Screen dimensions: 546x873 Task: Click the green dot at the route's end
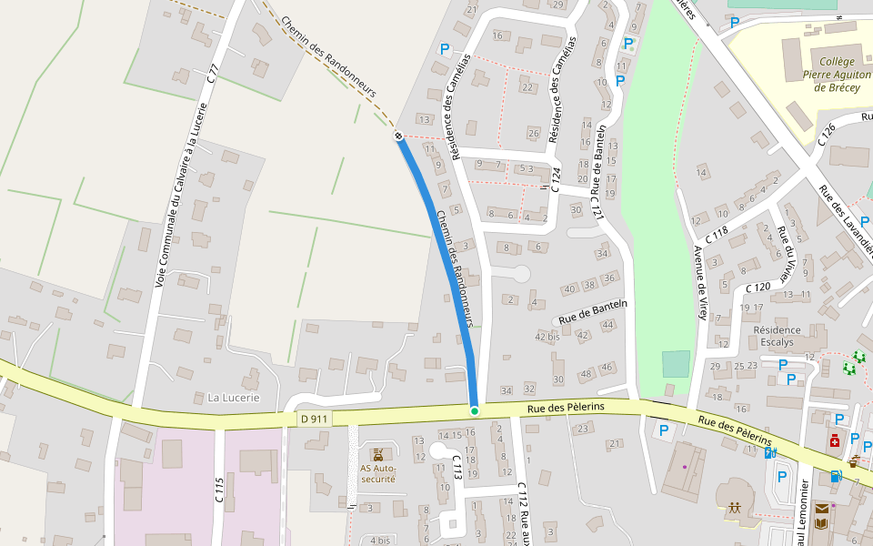click(474, 411)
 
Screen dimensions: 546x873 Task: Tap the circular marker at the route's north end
click(398, 136)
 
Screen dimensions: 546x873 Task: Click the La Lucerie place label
click(234, 398)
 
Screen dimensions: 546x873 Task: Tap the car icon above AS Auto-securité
click(377, 453)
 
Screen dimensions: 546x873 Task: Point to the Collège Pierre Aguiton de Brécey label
click(832, 69)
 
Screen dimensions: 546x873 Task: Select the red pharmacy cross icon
click(834, 441)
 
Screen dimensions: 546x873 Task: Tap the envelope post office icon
click(822, 509)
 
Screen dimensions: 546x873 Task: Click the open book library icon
click(822, 525)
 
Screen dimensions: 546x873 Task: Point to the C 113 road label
click(457, 469)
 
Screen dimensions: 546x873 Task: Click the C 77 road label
click(213, 74)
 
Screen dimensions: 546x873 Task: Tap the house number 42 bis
click(547, 337)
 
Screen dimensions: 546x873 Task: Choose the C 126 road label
click(828, 135)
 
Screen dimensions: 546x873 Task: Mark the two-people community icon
click(734, 508)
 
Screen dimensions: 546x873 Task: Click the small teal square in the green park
click(676, 364)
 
